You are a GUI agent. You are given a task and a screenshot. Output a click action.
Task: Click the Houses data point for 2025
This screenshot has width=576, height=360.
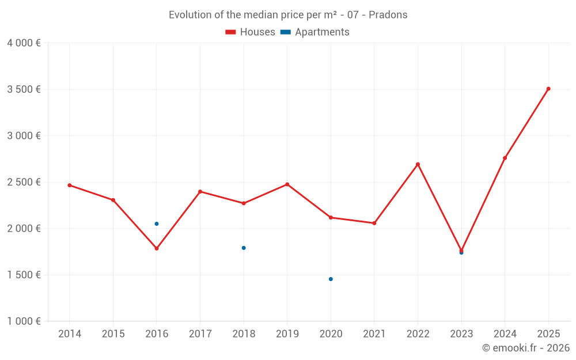coord(548,89)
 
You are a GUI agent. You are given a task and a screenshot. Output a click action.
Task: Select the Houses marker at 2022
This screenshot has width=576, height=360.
coord(418,164)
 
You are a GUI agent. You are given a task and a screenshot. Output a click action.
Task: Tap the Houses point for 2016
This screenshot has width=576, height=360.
coord(157,248)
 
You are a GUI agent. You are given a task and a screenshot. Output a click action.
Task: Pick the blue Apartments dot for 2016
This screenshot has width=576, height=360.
coord(157,223)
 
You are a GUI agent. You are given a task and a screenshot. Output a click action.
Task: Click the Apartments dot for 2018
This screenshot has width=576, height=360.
coord(244,248)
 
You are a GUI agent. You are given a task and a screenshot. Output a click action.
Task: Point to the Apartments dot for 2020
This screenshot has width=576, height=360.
coord(331,279)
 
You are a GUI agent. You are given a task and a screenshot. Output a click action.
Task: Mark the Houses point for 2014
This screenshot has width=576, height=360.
coord(70,185)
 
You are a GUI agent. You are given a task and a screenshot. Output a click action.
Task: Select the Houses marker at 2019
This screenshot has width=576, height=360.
coord(287,184)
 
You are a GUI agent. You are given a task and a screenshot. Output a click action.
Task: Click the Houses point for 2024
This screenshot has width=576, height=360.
coord(505,158)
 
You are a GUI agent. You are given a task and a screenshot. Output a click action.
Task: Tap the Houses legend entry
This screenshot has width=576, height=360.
coord(251,32)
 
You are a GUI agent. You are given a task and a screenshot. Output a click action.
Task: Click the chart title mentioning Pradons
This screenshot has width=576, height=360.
coord(288,15)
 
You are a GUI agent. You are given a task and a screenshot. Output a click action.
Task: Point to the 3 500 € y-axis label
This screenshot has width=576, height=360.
coord(24,89)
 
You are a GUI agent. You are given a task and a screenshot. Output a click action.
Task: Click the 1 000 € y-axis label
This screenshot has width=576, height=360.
coord(24,321)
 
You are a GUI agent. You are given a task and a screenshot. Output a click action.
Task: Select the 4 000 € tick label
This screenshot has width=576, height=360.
coord(24,43)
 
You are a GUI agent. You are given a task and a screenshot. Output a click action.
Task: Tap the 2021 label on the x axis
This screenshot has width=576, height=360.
coord(374,334)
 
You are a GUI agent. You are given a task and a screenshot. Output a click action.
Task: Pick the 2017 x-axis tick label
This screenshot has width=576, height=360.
coord(200,334)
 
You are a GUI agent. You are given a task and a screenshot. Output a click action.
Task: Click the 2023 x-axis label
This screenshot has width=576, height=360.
coord(461,334)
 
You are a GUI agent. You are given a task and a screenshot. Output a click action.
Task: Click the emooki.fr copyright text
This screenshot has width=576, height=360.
coord(525,348)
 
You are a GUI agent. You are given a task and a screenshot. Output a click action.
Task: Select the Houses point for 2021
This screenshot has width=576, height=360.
coord(374,223)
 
